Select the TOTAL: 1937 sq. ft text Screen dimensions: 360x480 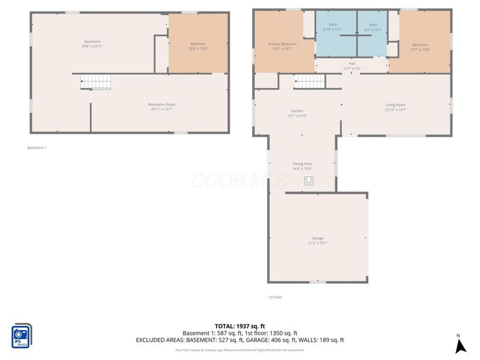[x=240, y=325]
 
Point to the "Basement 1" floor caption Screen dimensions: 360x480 [x=37, y=148]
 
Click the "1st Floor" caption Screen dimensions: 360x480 [x=275, y=297]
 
